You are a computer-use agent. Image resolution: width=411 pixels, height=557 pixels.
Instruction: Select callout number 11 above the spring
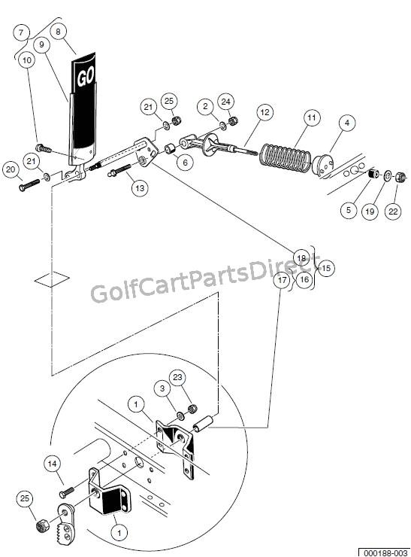(311, 118)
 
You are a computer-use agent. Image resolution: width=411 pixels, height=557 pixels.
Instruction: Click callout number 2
(205, 107)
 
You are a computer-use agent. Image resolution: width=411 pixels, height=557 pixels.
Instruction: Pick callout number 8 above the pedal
(61, 32)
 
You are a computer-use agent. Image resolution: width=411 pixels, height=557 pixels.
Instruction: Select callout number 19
(369, 212)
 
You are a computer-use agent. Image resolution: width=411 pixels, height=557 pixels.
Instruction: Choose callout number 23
(177, 376)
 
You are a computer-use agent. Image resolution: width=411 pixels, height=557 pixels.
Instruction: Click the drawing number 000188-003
(383, 551)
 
